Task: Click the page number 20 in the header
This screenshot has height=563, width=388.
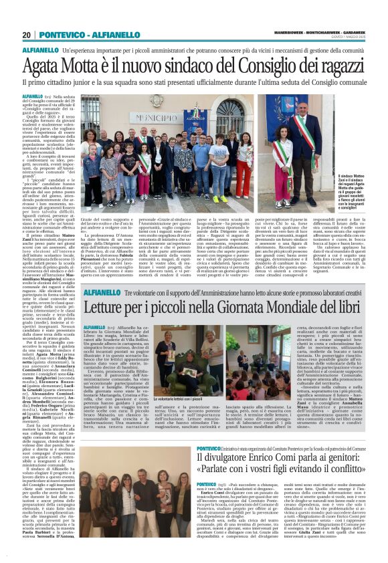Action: (27, 35)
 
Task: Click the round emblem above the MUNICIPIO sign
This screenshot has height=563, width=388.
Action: (167, 104)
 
